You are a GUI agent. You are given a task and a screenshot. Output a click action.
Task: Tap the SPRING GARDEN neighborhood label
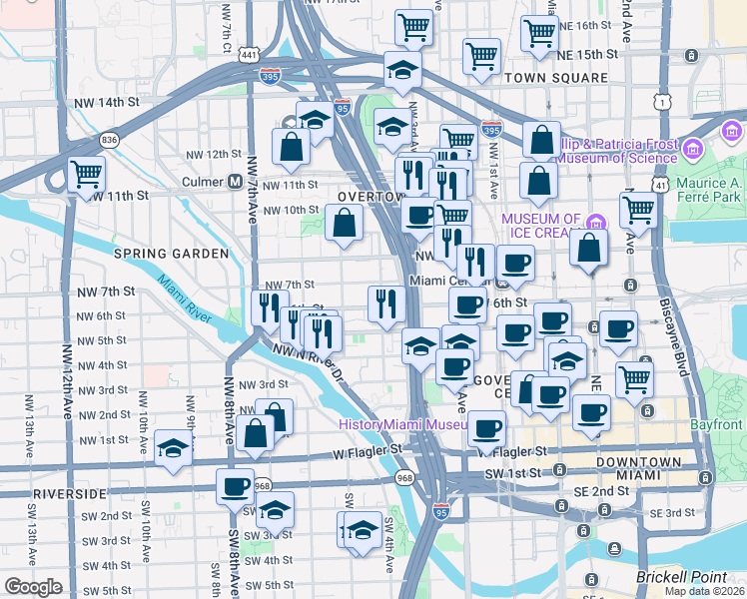tap(171, 255)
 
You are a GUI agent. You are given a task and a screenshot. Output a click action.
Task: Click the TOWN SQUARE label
tap(556, 78)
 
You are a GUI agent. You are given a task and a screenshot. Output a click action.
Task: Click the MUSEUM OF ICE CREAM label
tap(540, 227)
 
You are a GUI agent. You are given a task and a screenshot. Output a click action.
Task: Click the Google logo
tap(34, 587)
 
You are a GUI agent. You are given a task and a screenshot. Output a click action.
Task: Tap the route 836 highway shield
tap(109, 139)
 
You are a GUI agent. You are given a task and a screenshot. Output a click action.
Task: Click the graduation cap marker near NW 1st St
tap(174, 445)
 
